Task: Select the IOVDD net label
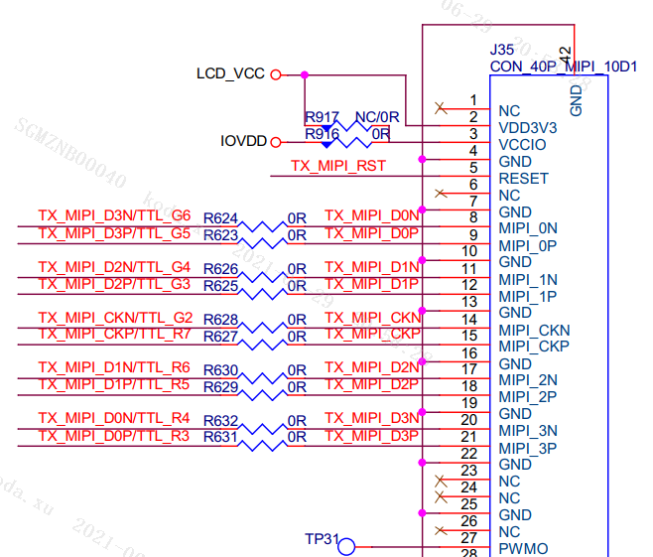[x=243, y=141]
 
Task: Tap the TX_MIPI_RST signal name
[x=337, y=166]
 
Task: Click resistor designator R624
[x=220, y=217]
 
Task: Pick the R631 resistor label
[x=220, y=436]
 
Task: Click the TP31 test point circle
[x=346, y=544]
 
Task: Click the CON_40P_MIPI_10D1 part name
[x=563, y=67]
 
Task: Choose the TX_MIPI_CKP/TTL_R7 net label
[x=114, y=333]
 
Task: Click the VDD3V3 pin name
[x=527, y=128]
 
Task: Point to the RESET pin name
[x=523, y=179]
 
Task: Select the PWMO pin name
[x=523, y=549]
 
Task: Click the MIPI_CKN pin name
[x=535, y=330]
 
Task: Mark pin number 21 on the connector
[x=470, y=437]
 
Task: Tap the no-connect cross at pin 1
[x=441, y=107]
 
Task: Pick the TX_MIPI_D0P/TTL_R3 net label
[x=114, y=436]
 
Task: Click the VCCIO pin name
[x=522, y=145]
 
